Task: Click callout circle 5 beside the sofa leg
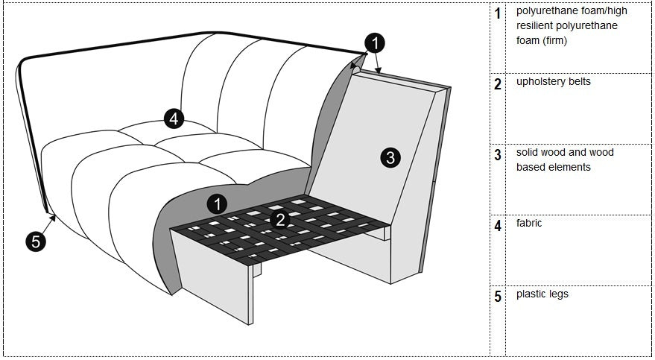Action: tap(35, 241)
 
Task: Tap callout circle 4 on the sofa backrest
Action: tap(173, 119)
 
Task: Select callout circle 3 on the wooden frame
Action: tap(390, 157)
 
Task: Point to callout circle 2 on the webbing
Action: tap(280, 219)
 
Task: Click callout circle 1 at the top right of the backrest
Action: tap(376, 43)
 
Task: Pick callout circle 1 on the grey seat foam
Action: tap(217, 203)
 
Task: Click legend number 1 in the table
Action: tap(498, 14)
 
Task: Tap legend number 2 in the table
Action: tap(498, 84)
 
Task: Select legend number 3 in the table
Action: tap(498, 155)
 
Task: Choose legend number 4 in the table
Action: tap(498, 226)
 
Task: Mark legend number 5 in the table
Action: tap(498, 297)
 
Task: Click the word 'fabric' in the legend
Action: tap(529, 223)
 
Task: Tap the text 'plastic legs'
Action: tap(542, 294)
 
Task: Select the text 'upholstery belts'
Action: tap(553, 81)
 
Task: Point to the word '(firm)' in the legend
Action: tap(554, 40)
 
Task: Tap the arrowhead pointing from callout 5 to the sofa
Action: tap(54, 217)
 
